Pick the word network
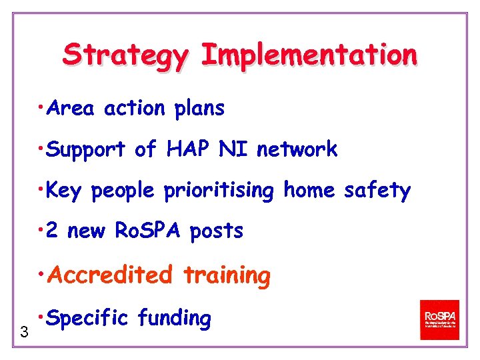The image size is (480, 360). tap(297, 149)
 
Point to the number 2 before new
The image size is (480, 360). tap(53, 231)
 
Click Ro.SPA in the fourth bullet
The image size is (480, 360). tap(149, 231)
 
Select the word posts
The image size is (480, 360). tap(217, 232)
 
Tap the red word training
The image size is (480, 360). tap(227, 275)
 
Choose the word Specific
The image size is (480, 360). tap(88, 319)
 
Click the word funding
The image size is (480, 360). tap(175, 319)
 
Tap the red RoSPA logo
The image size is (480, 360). tap(439, 319)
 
